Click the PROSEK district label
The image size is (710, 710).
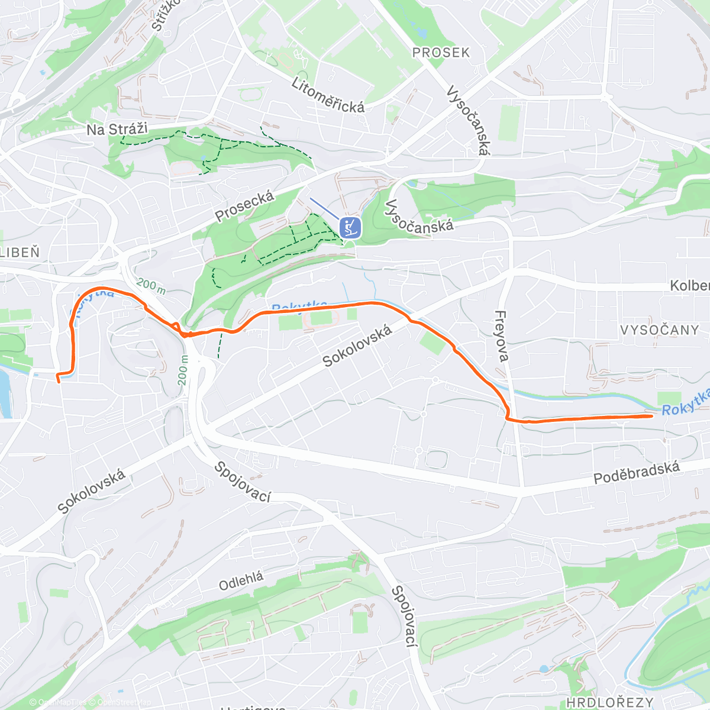tap(441, 53)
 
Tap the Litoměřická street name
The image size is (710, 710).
tap(328, 95)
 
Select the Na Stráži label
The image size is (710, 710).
tap(117, 129)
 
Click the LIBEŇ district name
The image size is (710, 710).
tap(20, 253)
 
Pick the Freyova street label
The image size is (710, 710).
tap(502, 335)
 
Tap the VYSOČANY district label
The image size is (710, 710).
tap(660, 330)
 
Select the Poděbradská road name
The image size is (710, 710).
tap(637, 473)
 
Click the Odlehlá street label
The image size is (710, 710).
tap(241, 581)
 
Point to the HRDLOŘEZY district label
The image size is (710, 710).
tap(609, 702)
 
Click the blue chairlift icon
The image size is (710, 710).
tap(350, 227)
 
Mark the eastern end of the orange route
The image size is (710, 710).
tap(651, 416)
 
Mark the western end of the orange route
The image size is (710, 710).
tap(59, 382)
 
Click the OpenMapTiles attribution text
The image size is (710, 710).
tap(62, 703)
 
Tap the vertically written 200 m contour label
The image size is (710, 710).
tap(183, 370)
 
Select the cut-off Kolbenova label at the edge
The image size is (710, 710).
tap(689, 286)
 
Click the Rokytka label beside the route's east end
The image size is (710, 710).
tap(685, 403)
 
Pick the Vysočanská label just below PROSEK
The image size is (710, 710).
tap(468, 121)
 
